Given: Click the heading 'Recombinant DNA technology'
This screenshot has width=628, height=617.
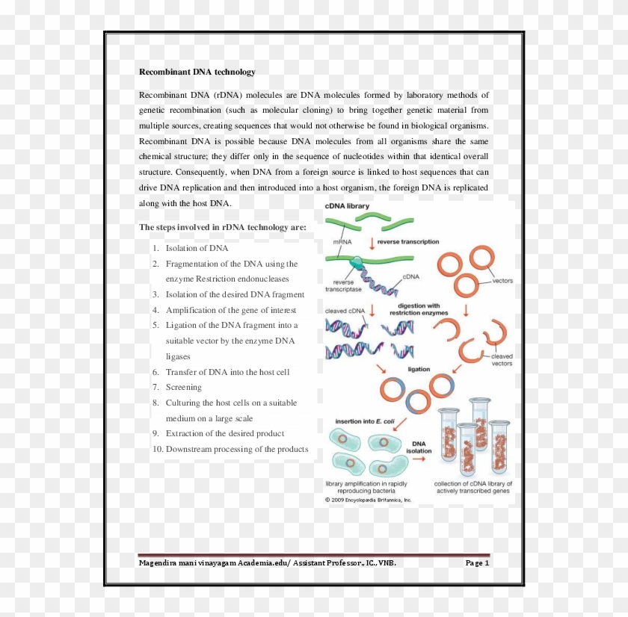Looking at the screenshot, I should coord(197,72).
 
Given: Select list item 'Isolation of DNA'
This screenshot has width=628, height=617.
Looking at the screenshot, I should coord(197,248).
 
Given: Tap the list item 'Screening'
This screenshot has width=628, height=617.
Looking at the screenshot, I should coord(183,387).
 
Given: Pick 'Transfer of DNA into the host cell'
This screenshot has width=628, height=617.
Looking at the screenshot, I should coord(227,372).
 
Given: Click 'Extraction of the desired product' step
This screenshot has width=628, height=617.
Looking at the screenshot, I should coord(224,433).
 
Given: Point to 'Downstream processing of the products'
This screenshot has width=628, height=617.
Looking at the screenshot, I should coord(236,449).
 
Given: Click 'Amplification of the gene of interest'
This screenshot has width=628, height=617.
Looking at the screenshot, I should coord(230,310).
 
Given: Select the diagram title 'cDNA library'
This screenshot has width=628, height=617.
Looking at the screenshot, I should coord(347,205).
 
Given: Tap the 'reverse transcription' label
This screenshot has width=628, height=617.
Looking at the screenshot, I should coord(408,242).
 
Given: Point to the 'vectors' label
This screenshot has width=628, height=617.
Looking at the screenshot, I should coord(502,281).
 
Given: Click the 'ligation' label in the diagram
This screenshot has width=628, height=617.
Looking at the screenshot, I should coord(419,369).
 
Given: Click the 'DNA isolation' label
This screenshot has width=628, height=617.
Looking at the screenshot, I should coord(419,447).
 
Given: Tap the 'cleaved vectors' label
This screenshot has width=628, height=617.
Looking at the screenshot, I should coord(502,359).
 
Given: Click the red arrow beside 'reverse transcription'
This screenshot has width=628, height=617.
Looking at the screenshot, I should coord(372,243).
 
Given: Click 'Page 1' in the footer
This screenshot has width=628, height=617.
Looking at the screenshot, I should coord(476,562).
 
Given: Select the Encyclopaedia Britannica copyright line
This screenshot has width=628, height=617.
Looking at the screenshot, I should coord(368,500).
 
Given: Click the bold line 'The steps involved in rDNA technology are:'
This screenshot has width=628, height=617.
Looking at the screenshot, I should coord(222,227).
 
